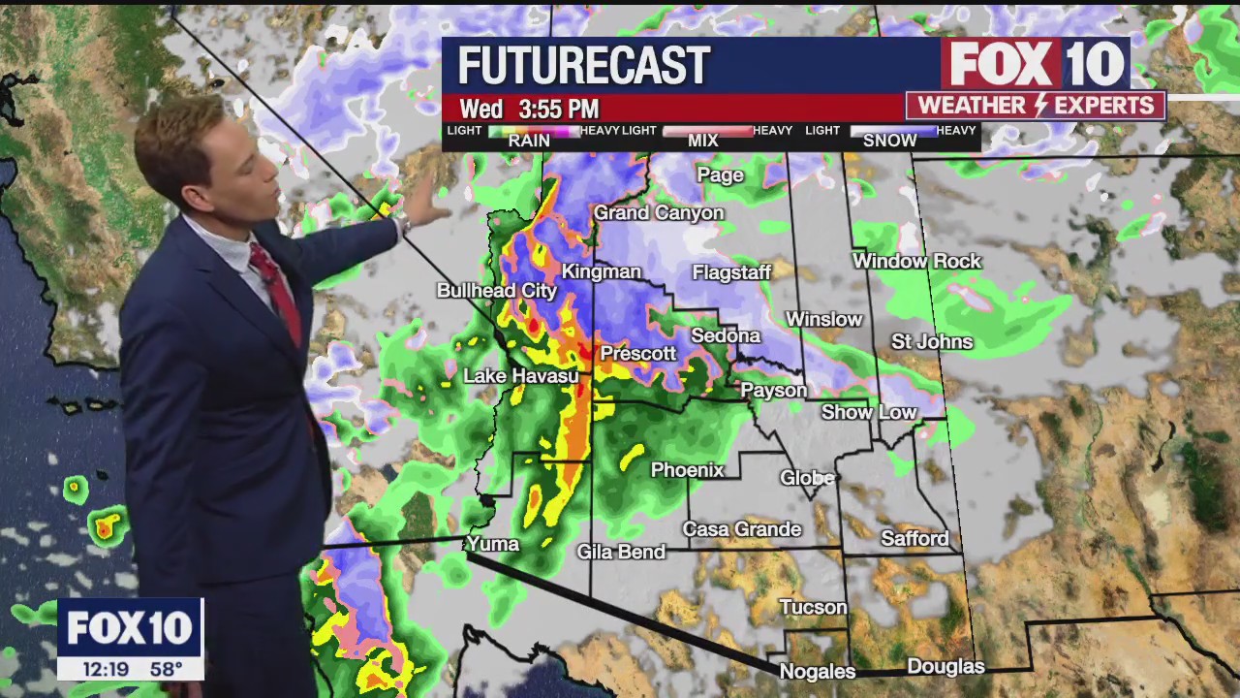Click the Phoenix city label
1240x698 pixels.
(x=687, y=470)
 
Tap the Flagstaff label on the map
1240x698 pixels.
(x=731, y=272)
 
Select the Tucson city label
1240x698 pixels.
(x=813, y=607)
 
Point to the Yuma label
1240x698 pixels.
(x=493, y=544)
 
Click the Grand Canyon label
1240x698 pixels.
(x=659, y=212)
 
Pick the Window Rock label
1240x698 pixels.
(x=916, y=261)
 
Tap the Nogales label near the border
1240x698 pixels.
(x=817, y=671)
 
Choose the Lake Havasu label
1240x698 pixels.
(x=520, y=376)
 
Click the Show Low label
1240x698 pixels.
(x=869, y=412)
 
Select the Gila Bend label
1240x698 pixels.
(x=621, y=552)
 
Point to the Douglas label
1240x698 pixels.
(x=945, y=666)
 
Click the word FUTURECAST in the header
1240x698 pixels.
(x=584, y=66)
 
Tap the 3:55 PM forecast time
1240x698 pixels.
(x=558, y=109)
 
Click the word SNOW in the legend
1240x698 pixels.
(x=889, y=141)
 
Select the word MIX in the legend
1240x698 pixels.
(x=702, y=141)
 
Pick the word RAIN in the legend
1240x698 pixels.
(x=529, y=141)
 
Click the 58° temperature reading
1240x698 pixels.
(x=167, y=668)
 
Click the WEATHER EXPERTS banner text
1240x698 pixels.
(x=1036, y=105)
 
